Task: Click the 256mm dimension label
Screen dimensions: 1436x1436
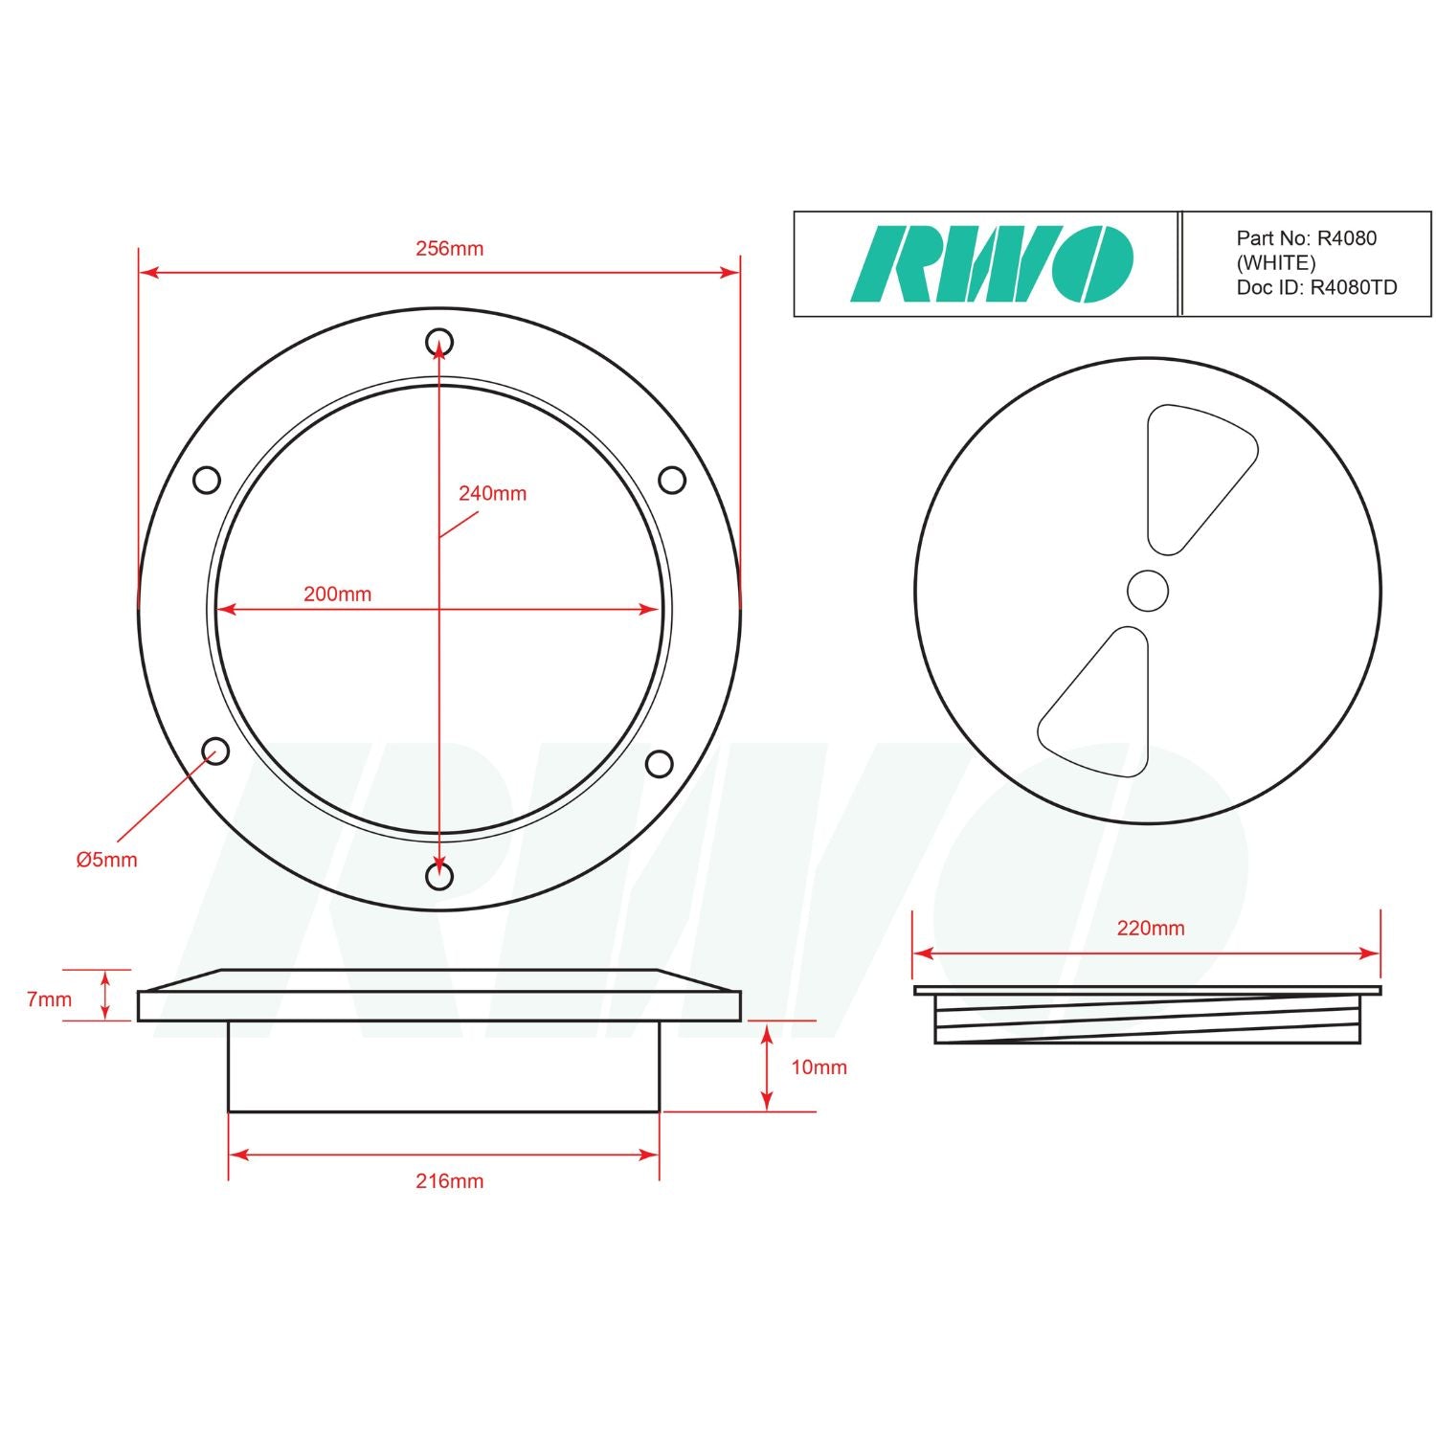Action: click(449, 248)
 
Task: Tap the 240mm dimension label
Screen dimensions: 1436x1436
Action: click(492, 493)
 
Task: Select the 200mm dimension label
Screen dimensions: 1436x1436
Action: click(337, 594)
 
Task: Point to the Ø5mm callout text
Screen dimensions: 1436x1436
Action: click(106, 860)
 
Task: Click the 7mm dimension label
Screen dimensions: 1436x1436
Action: click(49, 999)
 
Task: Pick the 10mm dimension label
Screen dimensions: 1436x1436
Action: click(819, 1066)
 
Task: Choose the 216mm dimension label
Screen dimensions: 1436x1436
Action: click(449, 1180)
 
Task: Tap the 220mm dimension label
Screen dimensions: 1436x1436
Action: click(1151, 928)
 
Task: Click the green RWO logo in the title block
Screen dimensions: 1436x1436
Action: click(992, 264)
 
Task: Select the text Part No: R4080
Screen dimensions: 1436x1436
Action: click(1306, 238)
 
